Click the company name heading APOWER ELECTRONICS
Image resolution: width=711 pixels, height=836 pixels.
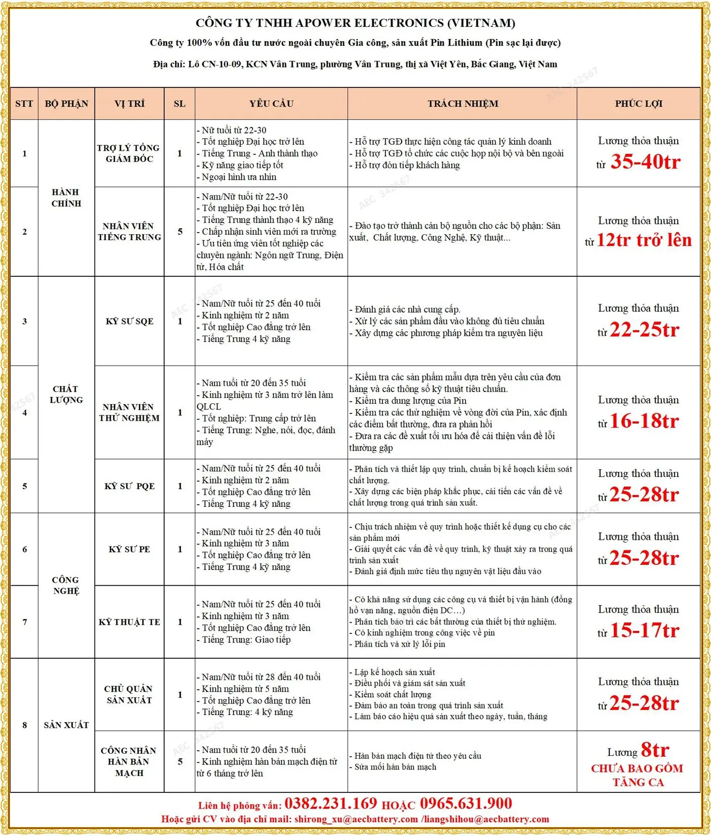pyautogui.click(x=355, y=23)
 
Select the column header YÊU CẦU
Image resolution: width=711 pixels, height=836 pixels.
pyautogui.click(x=271, y=104)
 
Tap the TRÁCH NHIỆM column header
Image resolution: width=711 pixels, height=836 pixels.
pyautogui.click(x=462, y=104)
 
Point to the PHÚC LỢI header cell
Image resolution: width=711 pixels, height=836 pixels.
pyautogui.click(x=638, y=104)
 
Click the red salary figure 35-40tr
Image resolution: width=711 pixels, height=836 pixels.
pyautogui.click(x=645, y=162)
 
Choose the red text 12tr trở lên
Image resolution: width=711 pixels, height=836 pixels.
pyautogui.click(x=643, y=240)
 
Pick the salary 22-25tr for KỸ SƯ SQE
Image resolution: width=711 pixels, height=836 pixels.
pyautogui.click(x=644, y=330)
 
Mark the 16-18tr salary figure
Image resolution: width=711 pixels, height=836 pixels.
pyautogui.click(x=644, y=421)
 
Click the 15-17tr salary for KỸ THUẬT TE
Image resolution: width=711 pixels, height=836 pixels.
pyautogui.click(x=644, y=630)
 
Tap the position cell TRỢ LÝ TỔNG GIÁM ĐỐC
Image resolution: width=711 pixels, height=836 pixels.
pyautogui.click(x=129, y=153)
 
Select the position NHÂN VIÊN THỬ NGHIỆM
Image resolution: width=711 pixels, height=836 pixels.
pyautogui.click(x=129, y=412)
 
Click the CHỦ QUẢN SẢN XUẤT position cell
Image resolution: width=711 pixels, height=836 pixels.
pyautogui.click(x=128, y=694)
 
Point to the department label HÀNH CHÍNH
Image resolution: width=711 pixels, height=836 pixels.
pyautogui.click(x=66, y=198)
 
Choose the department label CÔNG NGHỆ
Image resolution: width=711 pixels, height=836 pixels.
pyautogui.click(x=66, y=585)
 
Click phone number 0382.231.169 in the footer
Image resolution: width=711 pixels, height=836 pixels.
pyautogui.click(x=331, y=803)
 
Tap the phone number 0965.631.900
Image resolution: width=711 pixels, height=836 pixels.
pyautogui.click(x=466, y=803)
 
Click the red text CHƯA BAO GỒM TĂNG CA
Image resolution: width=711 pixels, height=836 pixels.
pyautogui.click(x=637, y=776)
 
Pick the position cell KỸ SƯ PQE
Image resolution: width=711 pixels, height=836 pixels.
pyautogui.click(x=129, y=486)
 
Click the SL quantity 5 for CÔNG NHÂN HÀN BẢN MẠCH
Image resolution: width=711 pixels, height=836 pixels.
pyautogui.click(x=180, y=761)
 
